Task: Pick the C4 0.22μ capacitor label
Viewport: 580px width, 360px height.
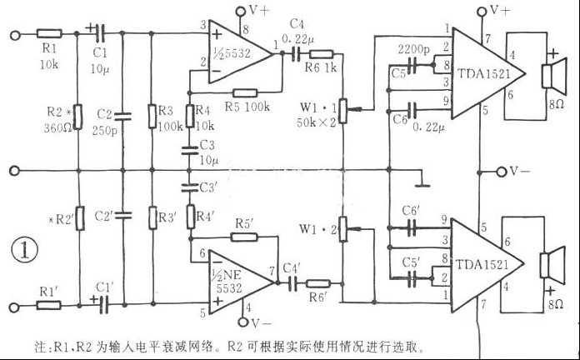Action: pos(307,32)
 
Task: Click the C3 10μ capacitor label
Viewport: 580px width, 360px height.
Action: pos(207,153)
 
